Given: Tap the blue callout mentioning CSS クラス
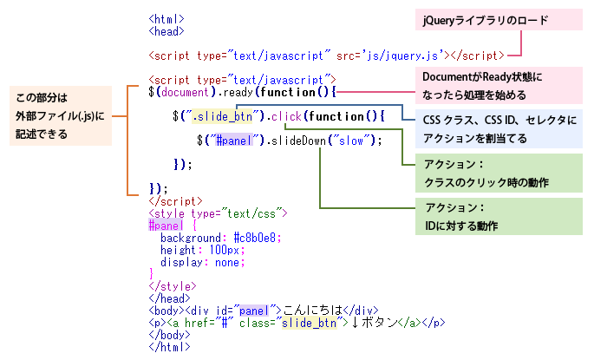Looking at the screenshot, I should (x=501, y=127).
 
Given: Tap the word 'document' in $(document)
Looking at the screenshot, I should (x=183, y=91).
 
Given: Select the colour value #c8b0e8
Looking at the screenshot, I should (x=258, y=237).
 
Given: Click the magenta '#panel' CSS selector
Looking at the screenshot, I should (x=166, y=225).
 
